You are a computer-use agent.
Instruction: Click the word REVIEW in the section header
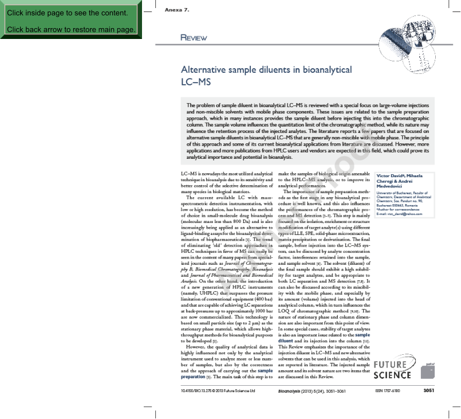coord(194,38)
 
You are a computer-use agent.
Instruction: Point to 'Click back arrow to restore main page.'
coord(71,29)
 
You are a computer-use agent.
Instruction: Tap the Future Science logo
coord(392,369)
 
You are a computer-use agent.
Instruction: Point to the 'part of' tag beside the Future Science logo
coord(431,363)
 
